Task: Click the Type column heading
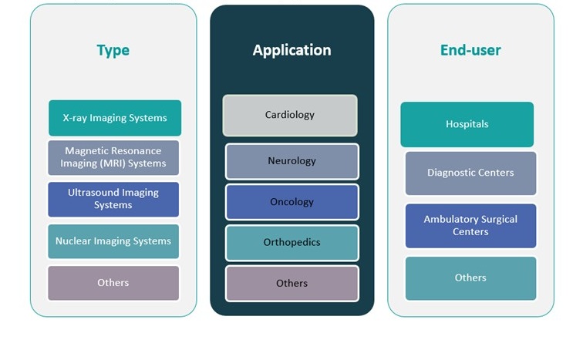113,51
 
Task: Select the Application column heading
291,50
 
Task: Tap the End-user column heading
470,51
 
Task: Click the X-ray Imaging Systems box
114,118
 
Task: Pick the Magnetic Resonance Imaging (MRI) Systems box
113,157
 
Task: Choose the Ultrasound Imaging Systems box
113,199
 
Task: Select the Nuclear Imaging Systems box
113,241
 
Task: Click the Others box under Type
113,283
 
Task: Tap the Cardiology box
290,115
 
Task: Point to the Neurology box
291,161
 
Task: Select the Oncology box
291,202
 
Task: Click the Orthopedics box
291,242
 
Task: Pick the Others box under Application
291,284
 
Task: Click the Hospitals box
467,124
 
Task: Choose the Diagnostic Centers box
470,173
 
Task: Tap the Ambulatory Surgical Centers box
470,225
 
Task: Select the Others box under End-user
470,278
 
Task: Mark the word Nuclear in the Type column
72,241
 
